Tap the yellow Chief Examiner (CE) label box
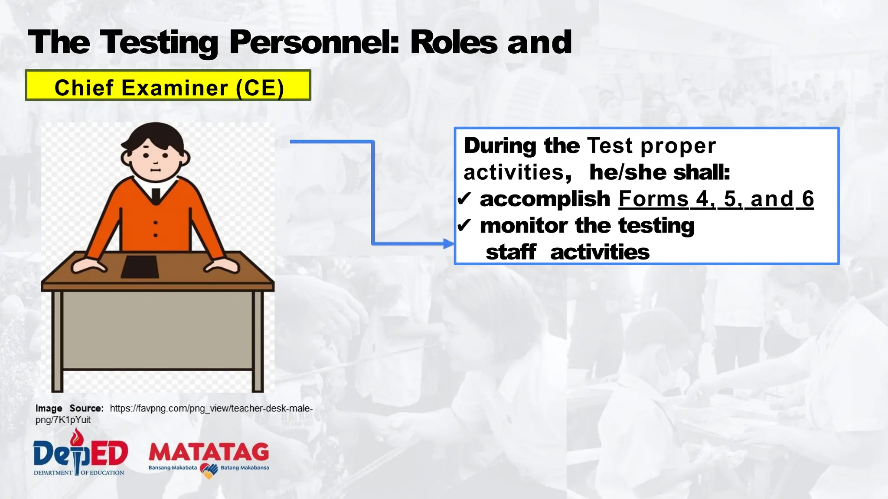point(168,86)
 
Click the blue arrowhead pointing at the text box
point(448,243)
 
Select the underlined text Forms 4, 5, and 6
point(716,199)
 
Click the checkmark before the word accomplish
point(464,199)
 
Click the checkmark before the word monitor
point(464,225)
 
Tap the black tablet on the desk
point(140,266)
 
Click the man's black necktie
point(156,195)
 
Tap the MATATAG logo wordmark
point(209,453)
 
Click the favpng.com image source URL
point(211,408)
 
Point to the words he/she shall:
point(659,172)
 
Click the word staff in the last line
point(511,252)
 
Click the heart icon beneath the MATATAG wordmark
point(209,470)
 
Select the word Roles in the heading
point(454,42)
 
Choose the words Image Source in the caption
point(69,408)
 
